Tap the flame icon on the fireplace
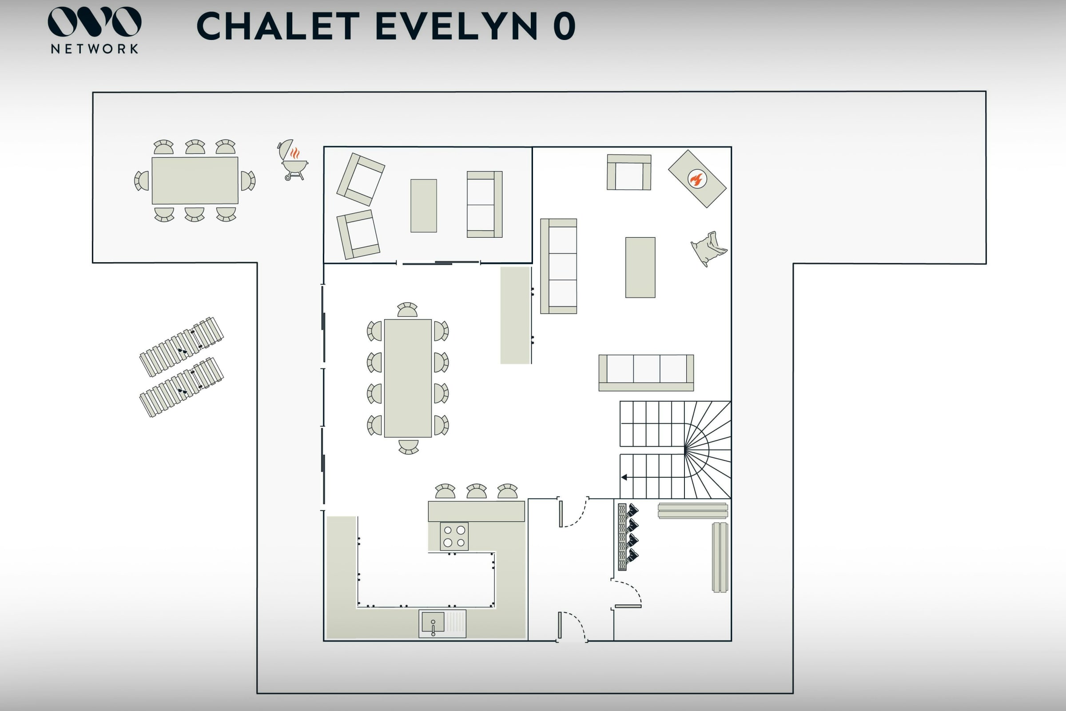pyautogui.click(x=696, y=179)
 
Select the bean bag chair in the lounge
pyautogui.click(x=708, y=248)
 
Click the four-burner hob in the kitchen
pyautogui.click(x=454, y=536)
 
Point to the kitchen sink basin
pyautogui.click(x=433, y=622)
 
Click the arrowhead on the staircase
pyautogui.click(x=624, y=477)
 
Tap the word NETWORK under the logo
pyautogui.click(x=95, y=49)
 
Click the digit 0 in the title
pyautogui.click(x=564, y=26)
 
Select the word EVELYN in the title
pyautogui.click(x=457, y=26)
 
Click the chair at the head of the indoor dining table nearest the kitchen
pyautogui.click(x=408, y=447)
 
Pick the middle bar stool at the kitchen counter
pyautogui.click(x=476, y=491)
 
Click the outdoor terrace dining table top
pyautogui.click(x=195, y=180)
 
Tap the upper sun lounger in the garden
pyautogui.click(x=181, y=347)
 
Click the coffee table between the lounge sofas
pyautogui.click(x=640, y=268)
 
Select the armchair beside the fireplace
pyautogui.click(x=629, y=172)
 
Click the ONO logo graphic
pyautogui.click(x=95, y=21)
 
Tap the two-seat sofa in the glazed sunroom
pyautogui.click(x=485, y=204)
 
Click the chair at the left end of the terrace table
pyautogui.click(x=141, y=180)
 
